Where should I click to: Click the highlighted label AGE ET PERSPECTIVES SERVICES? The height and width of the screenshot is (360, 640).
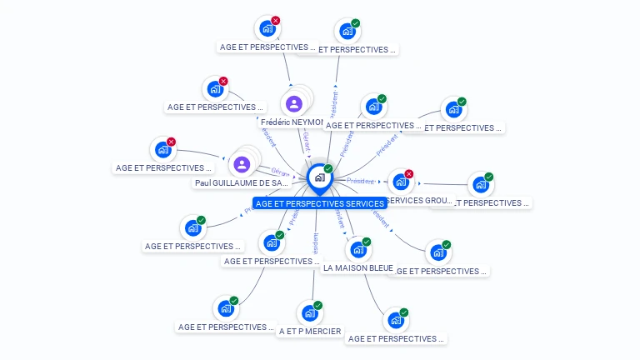pos(320,203)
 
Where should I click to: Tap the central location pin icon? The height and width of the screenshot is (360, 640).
pos(319,177)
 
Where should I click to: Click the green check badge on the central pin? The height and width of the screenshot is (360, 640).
pos(328,169)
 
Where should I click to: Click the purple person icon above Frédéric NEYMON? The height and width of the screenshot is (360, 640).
pos(293,104)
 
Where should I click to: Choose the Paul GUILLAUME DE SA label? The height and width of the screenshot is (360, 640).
pos(242,182)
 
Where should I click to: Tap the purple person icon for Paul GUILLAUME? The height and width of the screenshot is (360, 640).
pos(242,164)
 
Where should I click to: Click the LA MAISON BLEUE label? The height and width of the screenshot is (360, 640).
pos(357,267)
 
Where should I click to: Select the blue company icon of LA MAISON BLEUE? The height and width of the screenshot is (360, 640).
pos(357,249)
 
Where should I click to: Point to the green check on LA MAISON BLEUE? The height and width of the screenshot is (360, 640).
pos(367,242)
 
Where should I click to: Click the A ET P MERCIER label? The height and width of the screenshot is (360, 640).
pos(310,331)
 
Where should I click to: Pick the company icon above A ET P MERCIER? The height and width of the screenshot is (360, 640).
pos(310,313)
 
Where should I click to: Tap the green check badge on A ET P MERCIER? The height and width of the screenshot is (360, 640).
pos(319,305)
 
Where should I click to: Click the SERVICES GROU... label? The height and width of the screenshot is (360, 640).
pos(420,201)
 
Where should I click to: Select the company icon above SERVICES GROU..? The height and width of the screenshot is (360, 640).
pos(400,182)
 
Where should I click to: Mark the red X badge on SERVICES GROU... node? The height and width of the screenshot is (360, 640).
pos(409,174)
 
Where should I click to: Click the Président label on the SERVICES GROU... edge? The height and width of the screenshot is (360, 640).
pos(361,181)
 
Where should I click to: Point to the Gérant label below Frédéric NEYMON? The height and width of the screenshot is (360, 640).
pos(306,140)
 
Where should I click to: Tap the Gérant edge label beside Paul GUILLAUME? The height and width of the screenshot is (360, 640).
pos(279,172)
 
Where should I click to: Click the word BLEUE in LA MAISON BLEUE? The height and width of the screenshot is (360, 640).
pos(379,267)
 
